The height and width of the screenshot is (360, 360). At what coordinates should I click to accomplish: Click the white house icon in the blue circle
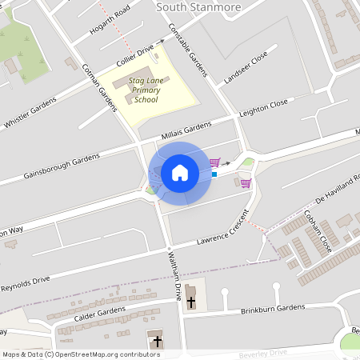tap(180, 173)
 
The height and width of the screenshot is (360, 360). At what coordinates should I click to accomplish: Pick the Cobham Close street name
tap(318, 232)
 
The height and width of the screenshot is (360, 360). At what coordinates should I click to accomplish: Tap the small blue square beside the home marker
tap(214, 173)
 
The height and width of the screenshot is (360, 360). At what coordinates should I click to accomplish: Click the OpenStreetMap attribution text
tap(81, 354)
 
